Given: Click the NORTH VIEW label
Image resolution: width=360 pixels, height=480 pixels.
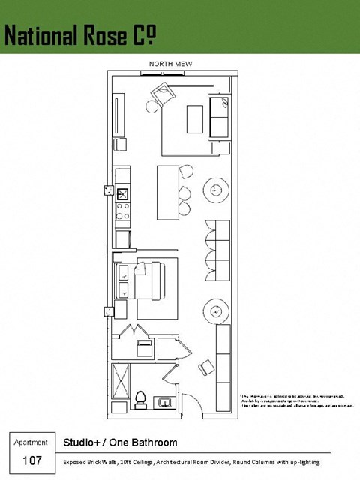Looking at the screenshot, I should pos(171,64).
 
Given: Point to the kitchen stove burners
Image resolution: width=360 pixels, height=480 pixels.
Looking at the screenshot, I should pos(123,209).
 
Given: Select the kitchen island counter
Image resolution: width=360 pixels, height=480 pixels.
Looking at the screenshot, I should pos(168,192).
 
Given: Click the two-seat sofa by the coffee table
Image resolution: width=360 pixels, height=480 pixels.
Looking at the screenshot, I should pos(219,117).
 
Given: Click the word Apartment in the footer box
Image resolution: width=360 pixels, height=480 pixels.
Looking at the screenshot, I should pos(31,442).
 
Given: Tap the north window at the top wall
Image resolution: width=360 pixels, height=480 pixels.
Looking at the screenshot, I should pos(160,73).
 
